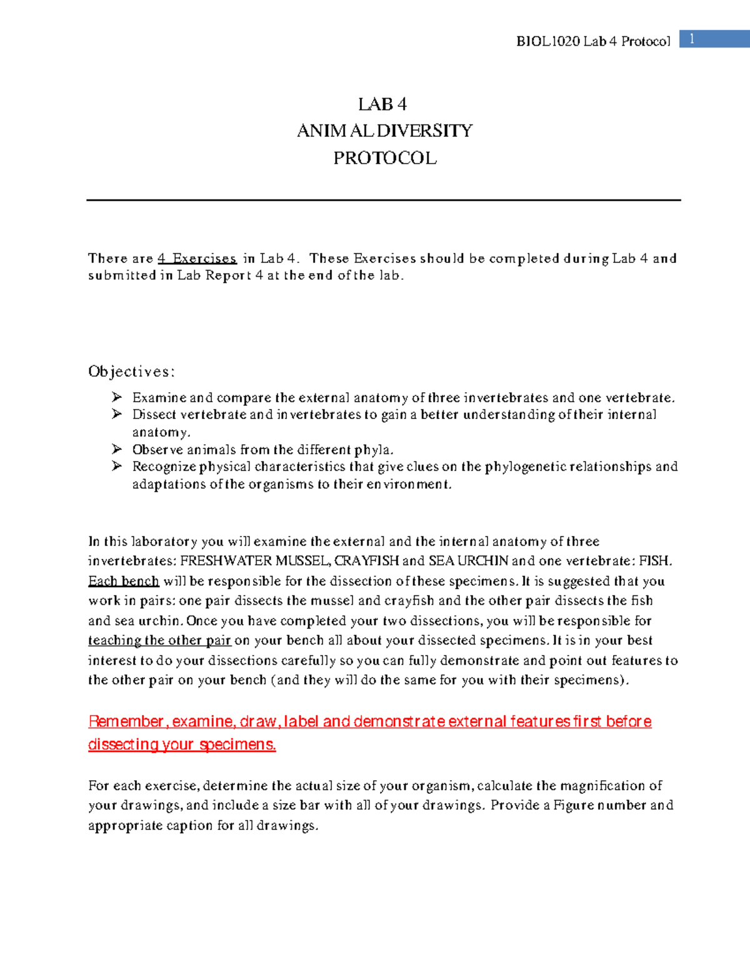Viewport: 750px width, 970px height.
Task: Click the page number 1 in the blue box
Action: pos(692,39)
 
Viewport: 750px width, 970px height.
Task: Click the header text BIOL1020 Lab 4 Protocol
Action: pos(592,42)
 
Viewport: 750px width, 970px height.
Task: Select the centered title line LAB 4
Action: pos(382,104)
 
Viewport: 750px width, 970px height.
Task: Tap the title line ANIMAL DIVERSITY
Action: pos(384,131)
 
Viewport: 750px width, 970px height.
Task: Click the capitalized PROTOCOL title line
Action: pos(384,158)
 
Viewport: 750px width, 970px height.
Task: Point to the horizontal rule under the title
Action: pos(383,200)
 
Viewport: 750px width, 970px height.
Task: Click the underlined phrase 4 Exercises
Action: pos(197,259)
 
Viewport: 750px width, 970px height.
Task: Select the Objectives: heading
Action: pos(131,372)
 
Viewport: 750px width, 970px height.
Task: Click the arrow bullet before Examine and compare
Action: pos(117,397)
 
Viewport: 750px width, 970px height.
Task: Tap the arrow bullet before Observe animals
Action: pos(117,449)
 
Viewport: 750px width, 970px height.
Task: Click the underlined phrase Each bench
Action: pos(124,581)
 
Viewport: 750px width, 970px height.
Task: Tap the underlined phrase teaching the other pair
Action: pos(159,640)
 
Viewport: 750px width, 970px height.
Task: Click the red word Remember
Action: pos(126,721)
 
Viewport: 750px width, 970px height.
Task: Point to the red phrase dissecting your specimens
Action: pos(182,745)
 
